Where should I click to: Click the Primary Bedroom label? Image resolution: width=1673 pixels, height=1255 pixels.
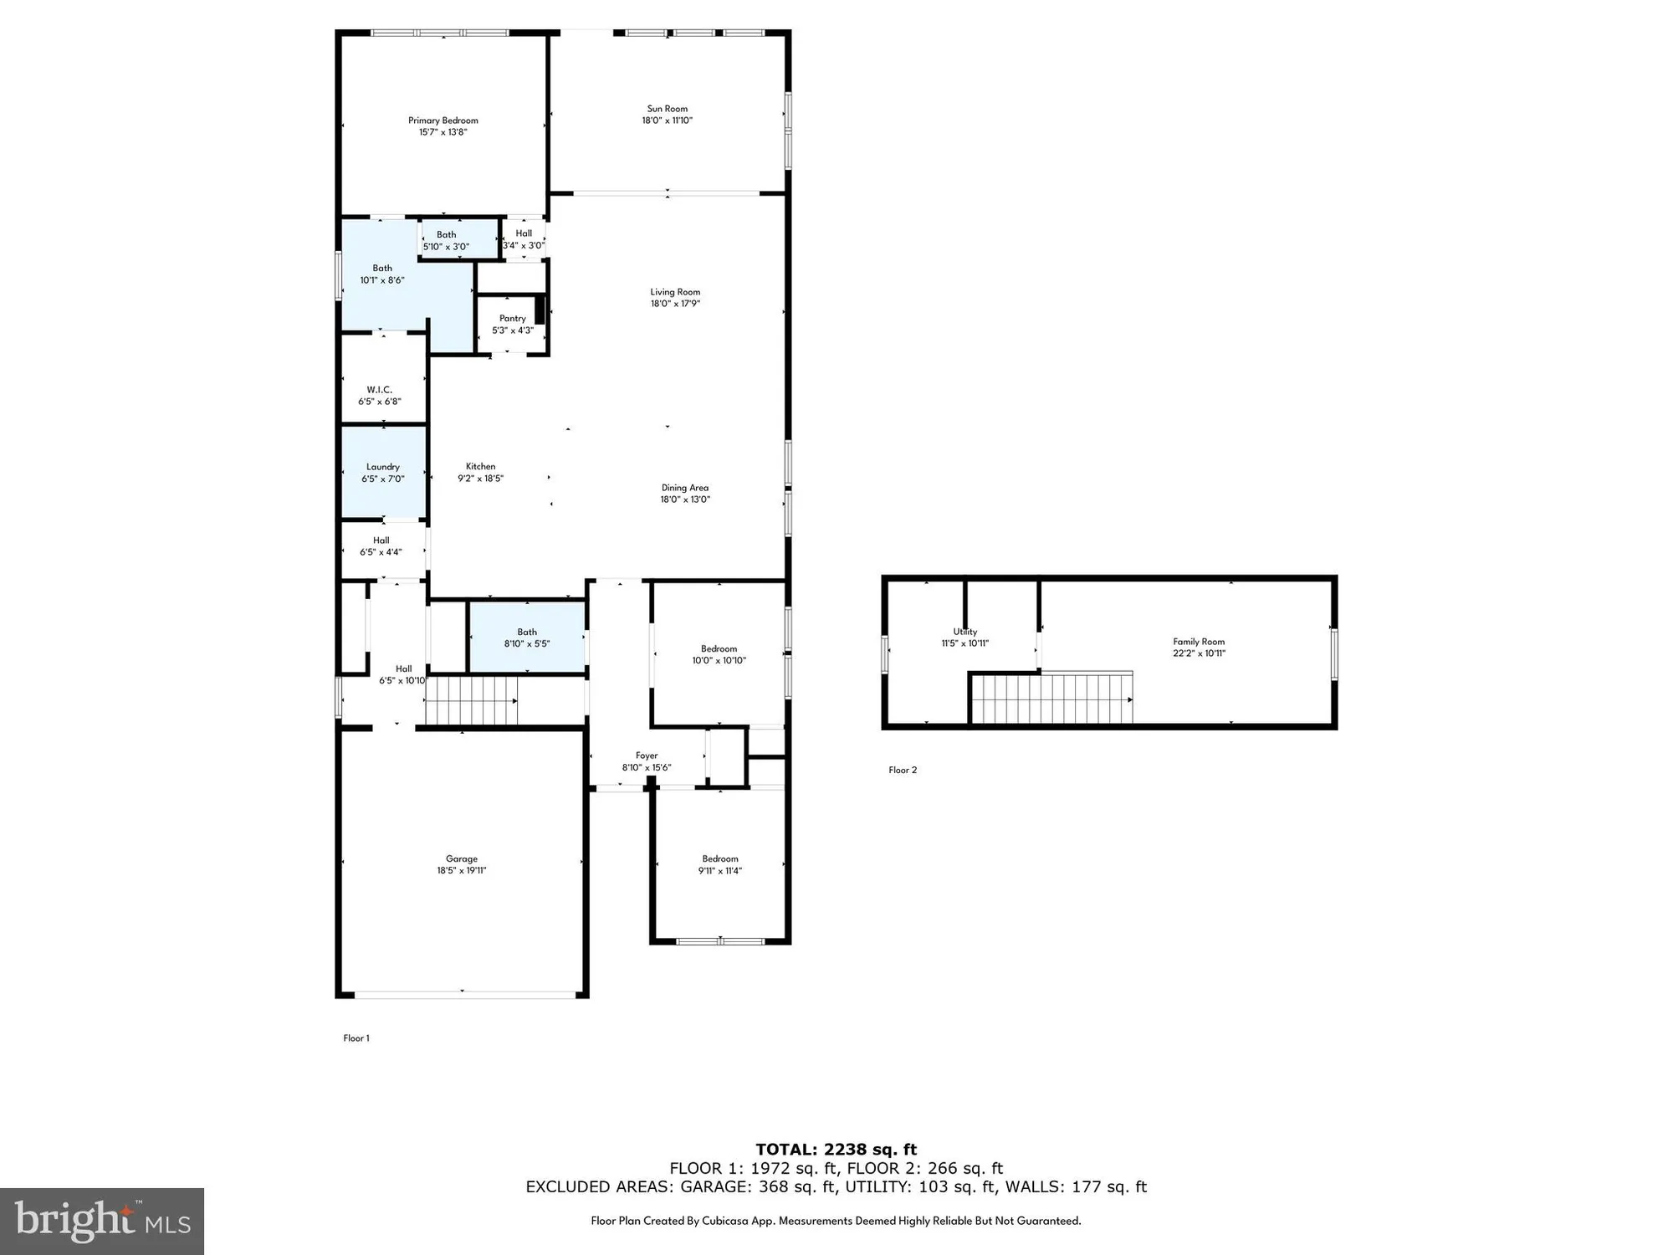pyautogui.click(x=443, y=120)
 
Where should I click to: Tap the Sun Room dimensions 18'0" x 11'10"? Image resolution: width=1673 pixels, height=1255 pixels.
pyautogui.click(x=667, y=120)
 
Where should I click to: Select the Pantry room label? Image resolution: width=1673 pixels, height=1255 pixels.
pyautogui.click(x=512, y=319)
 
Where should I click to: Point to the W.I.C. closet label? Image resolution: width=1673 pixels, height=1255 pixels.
pyautogui.click(x=379, y=390)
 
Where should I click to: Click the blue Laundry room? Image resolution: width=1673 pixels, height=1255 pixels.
pyautogui.click(x=383, y=473)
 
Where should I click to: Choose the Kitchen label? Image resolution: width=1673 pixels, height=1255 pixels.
pyautogui.click(x=480, y=467)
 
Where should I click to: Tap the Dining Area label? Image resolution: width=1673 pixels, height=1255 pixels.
pyautogui.click(x=684, y=488)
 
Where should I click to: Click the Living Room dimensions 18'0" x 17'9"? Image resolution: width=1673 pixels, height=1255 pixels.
pyautogui.click(x=674, y=304)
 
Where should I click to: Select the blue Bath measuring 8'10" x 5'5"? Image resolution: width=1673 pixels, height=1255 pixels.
pyautogui.click(x=527, y=638)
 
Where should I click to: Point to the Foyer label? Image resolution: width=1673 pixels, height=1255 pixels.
pyautogui.click(x=646, y=756)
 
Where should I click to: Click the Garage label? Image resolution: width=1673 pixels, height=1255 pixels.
pyautogui.click(x=461, y=858)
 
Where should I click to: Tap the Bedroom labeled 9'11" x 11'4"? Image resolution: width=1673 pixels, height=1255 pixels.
pyautogui.click(x=719, y=864)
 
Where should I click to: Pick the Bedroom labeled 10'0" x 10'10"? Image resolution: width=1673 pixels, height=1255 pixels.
pyautogui.click(x=719, y=654)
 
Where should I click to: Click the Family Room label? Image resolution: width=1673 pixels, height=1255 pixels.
pyautogui.click(x=1198, y=642)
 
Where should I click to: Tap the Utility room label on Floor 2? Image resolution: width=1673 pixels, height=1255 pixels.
pyautogui.click(x=964, y=632)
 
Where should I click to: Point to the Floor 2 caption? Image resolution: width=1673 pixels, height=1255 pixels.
pyautogui.click(x=903, y=770)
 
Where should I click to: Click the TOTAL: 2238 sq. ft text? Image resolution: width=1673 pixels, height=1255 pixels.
pyautogui.click(x=836, y=1150)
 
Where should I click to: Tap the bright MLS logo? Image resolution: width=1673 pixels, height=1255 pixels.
pyautogui.click(x=101, y=1222)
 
